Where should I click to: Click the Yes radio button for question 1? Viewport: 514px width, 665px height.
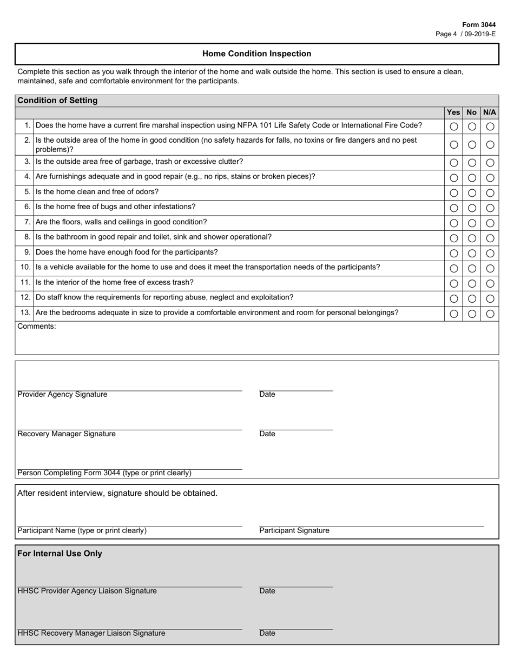pos(453,127)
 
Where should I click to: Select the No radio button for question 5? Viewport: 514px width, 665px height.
pos(472,193)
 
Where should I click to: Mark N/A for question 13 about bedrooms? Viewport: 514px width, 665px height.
pos(490,314)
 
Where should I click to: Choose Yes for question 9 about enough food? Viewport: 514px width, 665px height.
pos(453,253)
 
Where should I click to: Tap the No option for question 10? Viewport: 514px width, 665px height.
pos(472,268)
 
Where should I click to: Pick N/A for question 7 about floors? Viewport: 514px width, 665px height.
pos(490,223)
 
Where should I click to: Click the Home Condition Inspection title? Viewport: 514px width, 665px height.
pos(256,54)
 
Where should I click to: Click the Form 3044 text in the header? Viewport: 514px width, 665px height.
pos(478,25)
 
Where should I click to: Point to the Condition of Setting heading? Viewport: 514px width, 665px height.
pos(57,101)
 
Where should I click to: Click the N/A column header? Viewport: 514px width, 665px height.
pos(489,112)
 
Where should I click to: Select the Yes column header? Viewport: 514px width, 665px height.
pos(453,112)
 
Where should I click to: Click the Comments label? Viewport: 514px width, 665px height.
pos(37,326)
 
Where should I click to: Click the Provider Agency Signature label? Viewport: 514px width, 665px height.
pos(62,395)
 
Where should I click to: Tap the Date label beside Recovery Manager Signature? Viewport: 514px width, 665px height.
pos(267,434)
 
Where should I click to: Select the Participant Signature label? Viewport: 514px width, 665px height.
pos(294,531)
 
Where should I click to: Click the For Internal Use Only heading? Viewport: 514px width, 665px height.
pos(60,554)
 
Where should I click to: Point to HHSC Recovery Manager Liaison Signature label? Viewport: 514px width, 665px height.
pos(91,633)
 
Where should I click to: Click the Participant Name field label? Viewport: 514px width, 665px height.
pos(82,531)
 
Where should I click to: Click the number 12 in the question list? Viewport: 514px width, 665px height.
pos(25,297)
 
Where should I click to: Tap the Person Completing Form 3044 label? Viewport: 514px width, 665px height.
pos(104,473)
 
